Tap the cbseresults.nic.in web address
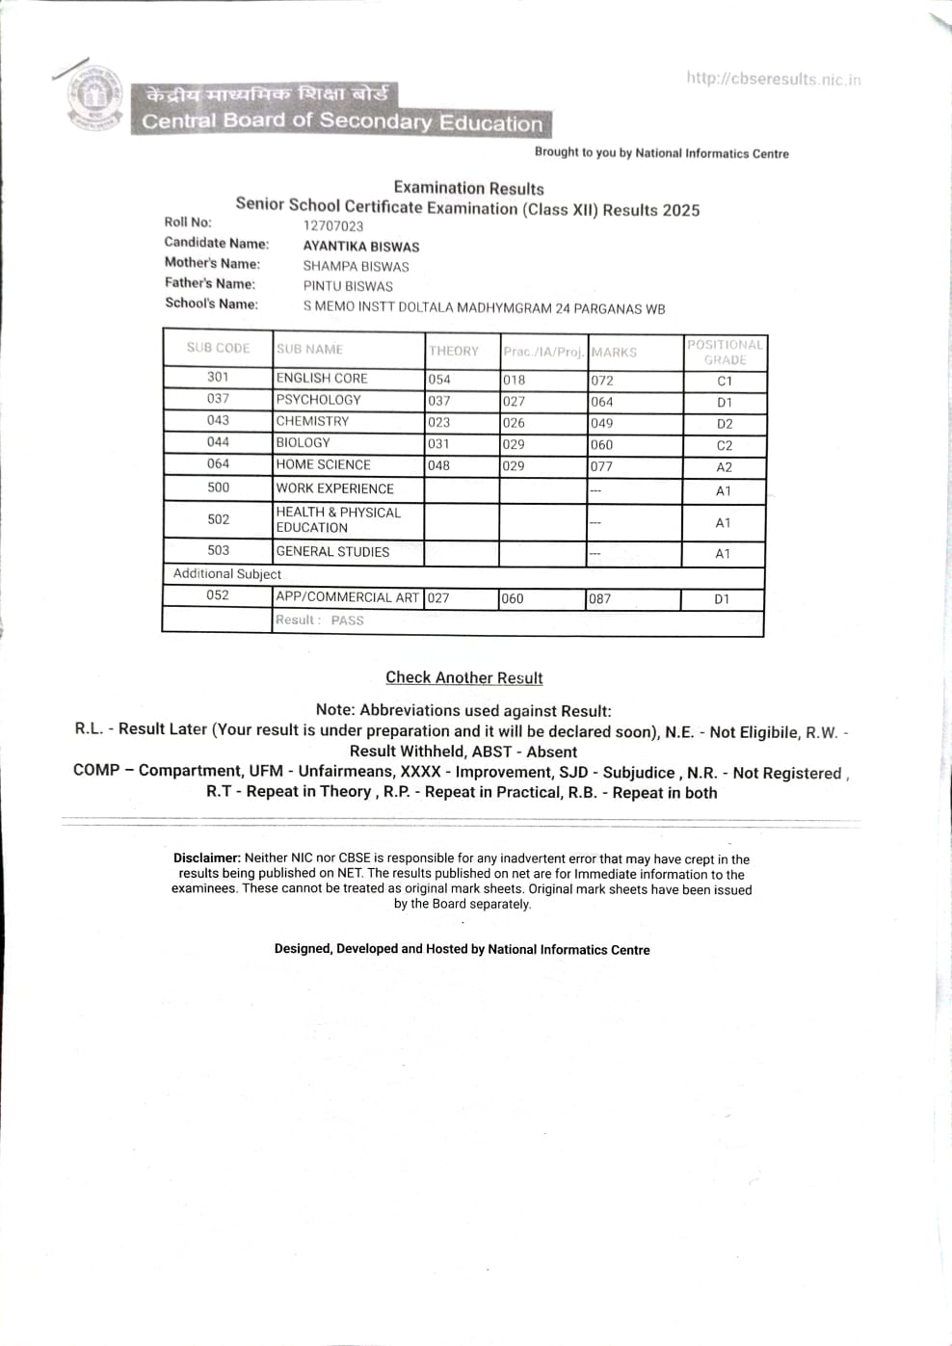point(773,79)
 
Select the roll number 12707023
point(333,225)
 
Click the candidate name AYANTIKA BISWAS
point(361,246)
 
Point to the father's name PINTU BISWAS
point(348,286)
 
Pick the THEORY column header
point(454,351)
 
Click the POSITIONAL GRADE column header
point(725,352)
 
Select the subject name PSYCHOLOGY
point(318,399)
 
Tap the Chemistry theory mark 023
point(439,422)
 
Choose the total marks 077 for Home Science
point(602,466)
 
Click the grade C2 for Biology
point(725,445)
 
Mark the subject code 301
point(218,377)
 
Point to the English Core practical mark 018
point(514,380)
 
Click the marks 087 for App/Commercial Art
point(600,598)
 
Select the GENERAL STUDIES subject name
point(332,551)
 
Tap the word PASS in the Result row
point(347,620)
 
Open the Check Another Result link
point(463,677)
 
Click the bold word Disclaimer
point(206,858)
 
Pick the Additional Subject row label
point(227,573)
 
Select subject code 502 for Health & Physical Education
point(219,519)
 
